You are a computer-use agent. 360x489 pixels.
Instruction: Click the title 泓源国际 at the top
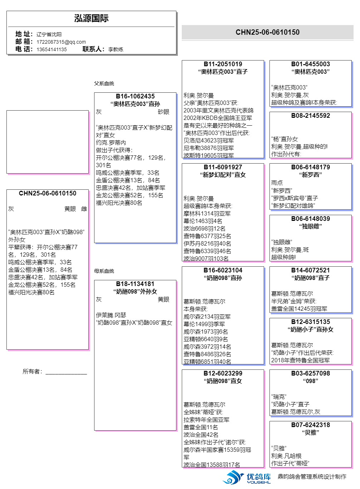[91, 18]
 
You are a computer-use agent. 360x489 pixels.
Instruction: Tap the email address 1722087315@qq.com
[61, 42]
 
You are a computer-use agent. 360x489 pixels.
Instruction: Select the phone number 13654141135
[52, 49]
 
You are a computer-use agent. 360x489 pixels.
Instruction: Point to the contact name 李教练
[116, 49]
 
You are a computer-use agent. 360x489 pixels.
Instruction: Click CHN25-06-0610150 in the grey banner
[267, 32]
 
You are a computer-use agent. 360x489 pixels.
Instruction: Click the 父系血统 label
[104, 83]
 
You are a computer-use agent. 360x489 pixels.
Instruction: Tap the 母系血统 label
[104, 271]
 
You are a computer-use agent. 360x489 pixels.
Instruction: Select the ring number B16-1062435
[135, 96]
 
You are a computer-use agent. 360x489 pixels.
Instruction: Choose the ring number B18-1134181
[135, 284]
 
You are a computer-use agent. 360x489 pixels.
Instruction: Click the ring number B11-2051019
[223, 64]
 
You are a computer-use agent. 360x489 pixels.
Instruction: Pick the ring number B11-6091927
[223, 167]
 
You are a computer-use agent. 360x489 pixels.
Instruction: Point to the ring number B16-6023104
[223, 270]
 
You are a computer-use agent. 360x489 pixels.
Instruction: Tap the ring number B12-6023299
[223, 373]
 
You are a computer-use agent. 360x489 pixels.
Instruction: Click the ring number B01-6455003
[310, 64]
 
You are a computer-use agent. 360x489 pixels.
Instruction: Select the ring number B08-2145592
[310, 116]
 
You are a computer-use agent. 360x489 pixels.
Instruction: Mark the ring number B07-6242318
[310, 425]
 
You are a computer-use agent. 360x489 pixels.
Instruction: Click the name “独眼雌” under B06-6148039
[310, 226]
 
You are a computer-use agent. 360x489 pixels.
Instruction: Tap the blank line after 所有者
[66, 372]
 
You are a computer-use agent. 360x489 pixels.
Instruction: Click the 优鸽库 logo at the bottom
[247, 478]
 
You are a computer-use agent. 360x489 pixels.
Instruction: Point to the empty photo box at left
[47, 142]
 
